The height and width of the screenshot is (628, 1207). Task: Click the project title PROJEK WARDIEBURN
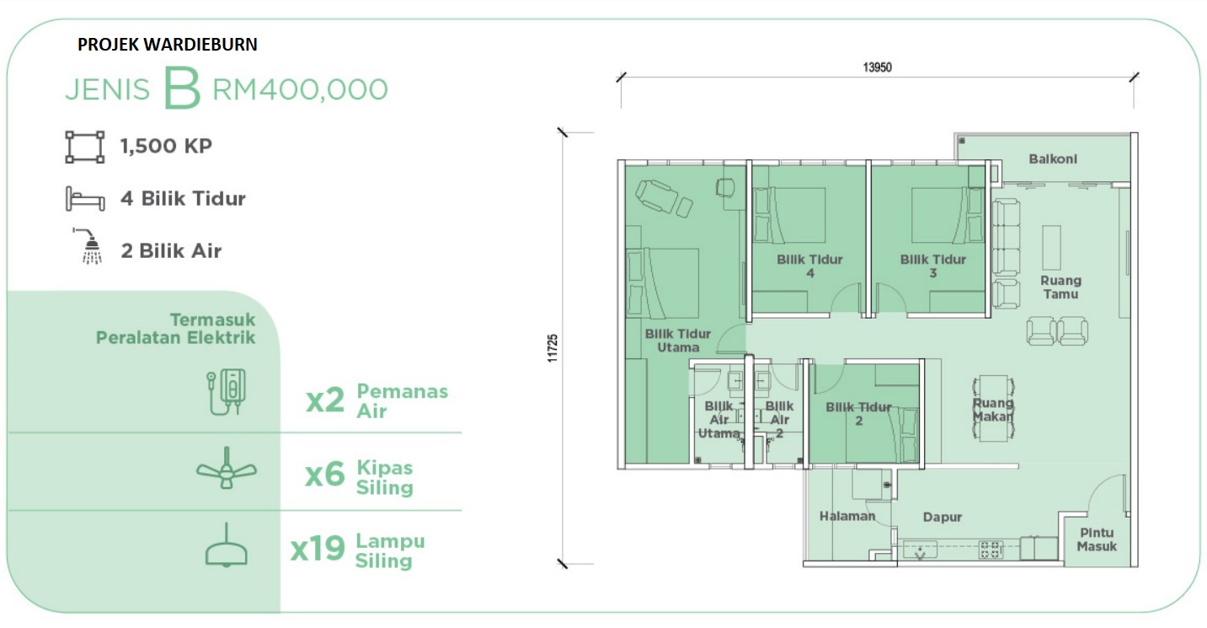[168, 44]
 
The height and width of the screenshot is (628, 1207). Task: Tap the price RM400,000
[300, 89]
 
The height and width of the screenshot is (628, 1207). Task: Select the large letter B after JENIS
[182, 88]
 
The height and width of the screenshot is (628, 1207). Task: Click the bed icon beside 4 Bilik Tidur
[85, 198]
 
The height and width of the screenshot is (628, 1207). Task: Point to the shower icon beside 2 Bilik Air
[88, 246]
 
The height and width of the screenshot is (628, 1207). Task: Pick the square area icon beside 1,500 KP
[85, 147]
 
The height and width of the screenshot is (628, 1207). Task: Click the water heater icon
[227, 392]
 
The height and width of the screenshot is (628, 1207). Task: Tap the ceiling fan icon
[227, 469]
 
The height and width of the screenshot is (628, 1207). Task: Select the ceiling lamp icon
[227, 545]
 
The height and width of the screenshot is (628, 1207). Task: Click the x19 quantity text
[318, 548]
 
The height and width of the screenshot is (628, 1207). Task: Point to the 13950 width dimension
[877, 67]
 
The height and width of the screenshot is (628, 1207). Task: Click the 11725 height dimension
[553, 348]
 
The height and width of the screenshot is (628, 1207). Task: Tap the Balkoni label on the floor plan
[1053, 159]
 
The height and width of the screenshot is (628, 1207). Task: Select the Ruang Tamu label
[1060, 287]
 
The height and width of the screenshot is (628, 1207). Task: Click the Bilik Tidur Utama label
[678, 341]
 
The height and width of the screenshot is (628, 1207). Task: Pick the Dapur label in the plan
[943, 517]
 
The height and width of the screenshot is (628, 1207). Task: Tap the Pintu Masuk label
[1097, 539]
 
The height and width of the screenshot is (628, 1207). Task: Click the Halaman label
[847, 517]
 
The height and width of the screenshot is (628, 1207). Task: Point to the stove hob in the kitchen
[991, 550]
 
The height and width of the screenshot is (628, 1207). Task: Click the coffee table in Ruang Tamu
[1051, 248]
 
